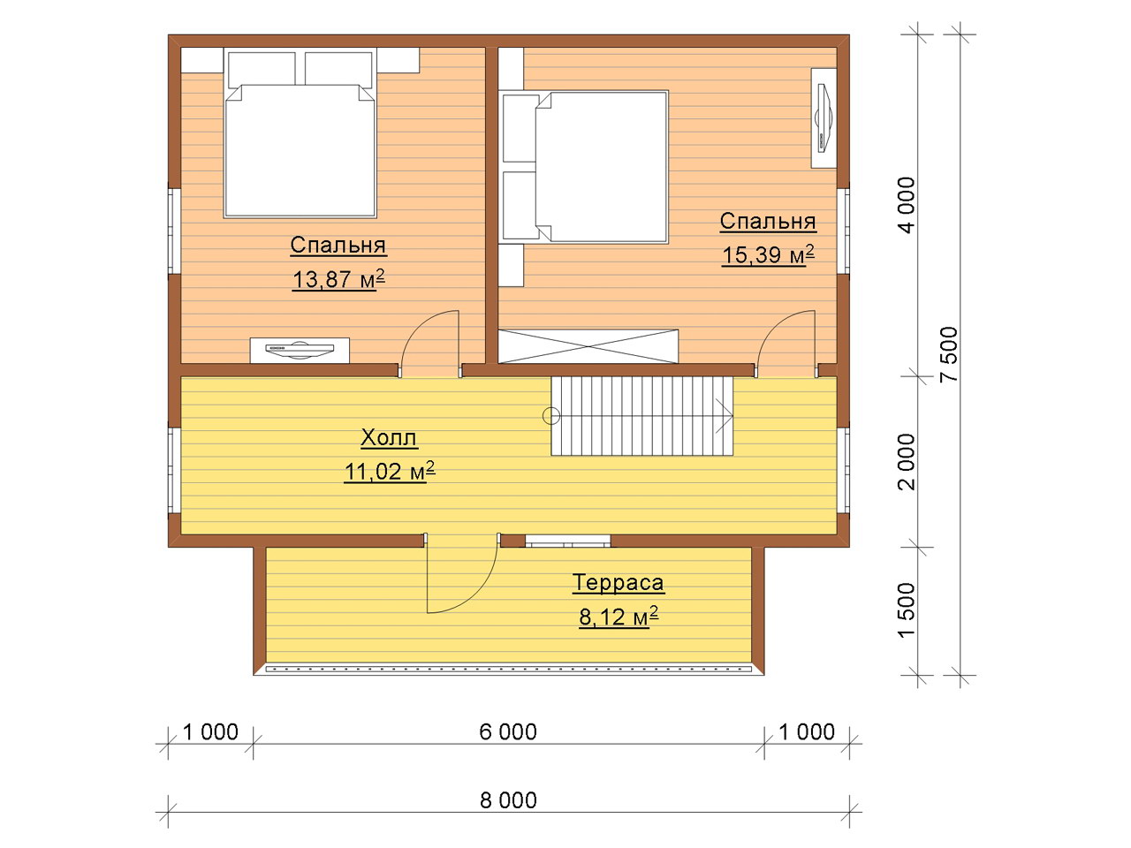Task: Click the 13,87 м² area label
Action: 338,280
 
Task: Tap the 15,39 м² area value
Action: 768,254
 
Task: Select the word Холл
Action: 389,437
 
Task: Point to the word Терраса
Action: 619,583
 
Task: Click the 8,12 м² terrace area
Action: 619,617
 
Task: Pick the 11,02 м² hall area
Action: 389,471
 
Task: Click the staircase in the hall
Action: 642,416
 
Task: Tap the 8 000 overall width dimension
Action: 508,800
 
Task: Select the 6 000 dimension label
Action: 508,732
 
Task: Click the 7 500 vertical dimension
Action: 949,354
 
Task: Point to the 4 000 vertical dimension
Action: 907,205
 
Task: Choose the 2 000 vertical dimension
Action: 907,461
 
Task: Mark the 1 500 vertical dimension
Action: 907,610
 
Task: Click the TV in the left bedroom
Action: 300,350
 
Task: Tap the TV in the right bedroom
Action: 824,118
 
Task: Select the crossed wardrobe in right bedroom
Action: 588,346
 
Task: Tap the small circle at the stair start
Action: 551,415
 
